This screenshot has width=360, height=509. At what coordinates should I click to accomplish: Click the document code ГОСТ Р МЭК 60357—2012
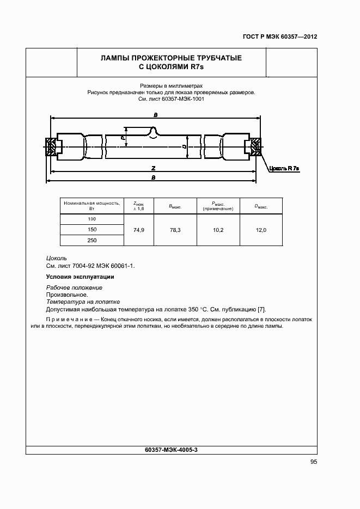click(x=279, y=38)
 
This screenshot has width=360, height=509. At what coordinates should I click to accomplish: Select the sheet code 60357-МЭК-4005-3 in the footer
click(x=172, y=450)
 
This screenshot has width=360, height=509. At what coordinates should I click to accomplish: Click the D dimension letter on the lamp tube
click(x=185, y=147)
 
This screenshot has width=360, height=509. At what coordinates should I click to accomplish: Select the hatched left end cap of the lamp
click(x=51, y=146)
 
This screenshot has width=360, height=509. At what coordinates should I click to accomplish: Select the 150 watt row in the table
click(x=91, y=230)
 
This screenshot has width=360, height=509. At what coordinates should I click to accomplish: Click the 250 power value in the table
click(x=91, y=241)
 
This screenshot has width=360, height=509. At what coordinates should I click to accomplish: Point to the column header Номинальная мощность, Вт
click(x=91, y=205)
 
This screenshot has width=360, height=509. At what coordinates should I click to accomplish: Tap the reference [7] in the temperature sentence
click(x=261, y=309)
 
